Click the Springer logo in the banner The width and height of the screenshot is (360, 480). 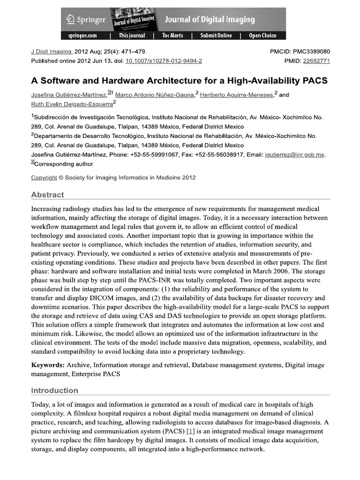click(x=86, y=20)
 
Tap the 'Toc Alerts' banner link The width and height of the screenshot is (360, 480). click(x=173, y=36)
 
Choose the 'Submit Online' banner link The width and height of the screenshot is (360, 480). click(x=216, y=36)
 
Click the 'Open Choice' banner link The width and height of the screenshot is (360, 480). click(x=262, y=36)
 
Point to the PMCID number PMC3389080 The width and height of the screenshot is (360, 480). click(x=310, y=52)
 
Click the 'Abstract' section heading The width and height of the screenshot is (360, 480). click(x=47, y=195)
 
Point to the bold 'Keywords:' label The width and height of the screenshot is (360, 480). click(x=48, y=365)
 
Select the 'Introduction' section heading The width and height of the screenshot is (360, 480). click(x=54, y=390)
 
